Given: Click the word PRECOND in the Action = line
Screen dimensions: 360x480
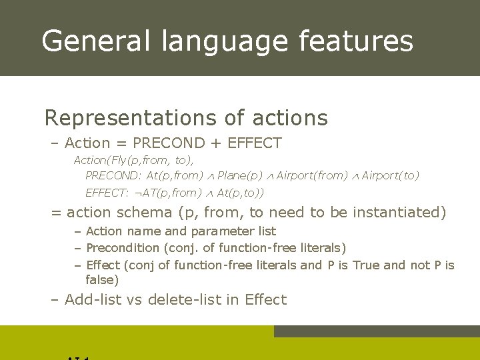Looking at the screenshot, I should [x=169, y=143].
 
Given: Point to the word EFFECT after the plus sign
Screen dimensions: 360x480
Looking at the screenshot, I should [x=255, y=143].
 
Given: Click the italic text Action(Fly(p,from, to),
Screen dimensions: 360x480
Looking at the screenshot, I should [x=133, y=160].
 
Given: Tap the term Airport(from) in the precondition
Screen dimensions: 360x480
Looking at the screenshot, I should [x=312, y=175].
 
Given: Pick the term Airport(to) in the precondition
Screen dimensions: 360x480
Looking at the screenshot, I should [x=391, y=175].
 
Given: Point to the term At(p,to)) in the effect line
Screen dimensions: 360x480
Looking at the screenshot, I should [x=241, y=193].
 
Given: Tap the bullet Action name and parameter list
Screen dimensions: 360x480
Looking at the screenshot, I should [x=181, y=231].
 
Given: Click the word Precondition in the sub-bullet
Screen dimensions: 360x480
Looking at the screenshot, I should [x=123, y=248].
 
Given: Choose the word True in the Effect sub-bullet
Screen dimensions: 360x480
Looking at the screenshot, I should [x=366, y=265].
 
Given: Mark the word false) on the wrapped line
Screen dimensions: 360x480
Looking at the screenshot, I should [x=102, y=281].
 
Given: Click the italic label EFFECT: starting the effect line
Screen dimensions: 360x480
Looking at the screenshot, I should [x=107, y=193].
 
